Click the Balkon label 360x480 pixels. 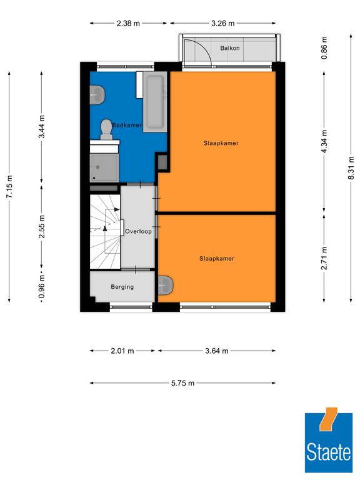[x=229, y=48]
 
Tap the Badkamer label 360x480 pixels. [x=127, y=125]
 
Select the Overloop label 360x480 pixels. [x=138, y=231]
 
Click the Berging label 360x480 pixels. [x=122, y=287]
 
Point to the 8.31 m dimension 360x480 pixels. [x=351, y=168]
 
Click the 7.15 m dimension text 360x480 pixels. [x=9, y=186]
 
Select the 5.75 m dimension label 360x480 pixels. [x=182, y=383]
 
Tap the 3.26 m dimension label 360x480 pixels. [x=223, y=23]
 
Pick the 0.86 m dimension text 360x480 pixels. [x=324, y=48]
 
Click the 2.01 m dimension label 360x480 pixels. [x=122, y=351]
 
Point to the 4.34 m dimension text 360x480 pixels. [x=324, y=141]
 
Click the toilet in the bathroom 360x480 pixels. [x=106, y=130]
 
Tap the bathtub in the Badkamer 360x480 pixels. [x=155, y=102]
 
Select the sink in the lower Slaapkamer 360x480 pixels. [x=165, y=285]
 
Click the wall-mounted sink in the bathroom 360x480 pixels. [x=97, y=95]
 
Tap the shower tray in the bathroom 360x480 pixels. [x=104, y=167]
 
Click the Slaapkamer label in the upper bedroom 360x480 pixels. [x=221, y=143]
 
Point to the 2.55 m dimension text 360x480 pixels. [x=42, y=226]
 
